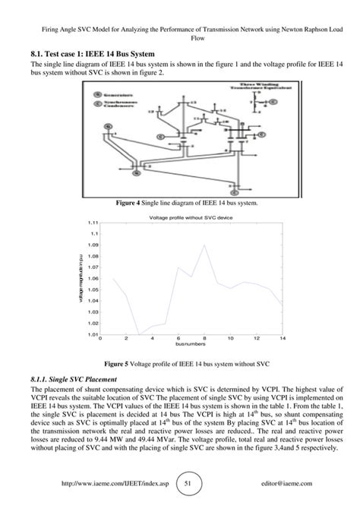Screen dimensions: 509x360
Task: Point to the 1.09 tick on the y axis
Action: click(94, 245)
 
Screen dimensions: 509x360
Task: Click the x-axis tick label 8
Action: click(204, 340)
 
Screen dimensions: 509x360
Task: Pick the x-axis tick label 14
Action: click(282, 340)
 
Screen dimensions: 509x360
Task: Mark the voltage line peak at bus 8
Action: click(204, 245)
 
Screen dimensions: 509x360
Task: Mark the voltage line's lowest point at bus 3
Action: click(139, 334)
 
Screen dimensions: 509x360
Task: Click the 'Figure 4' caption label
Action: click(130, 204)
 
